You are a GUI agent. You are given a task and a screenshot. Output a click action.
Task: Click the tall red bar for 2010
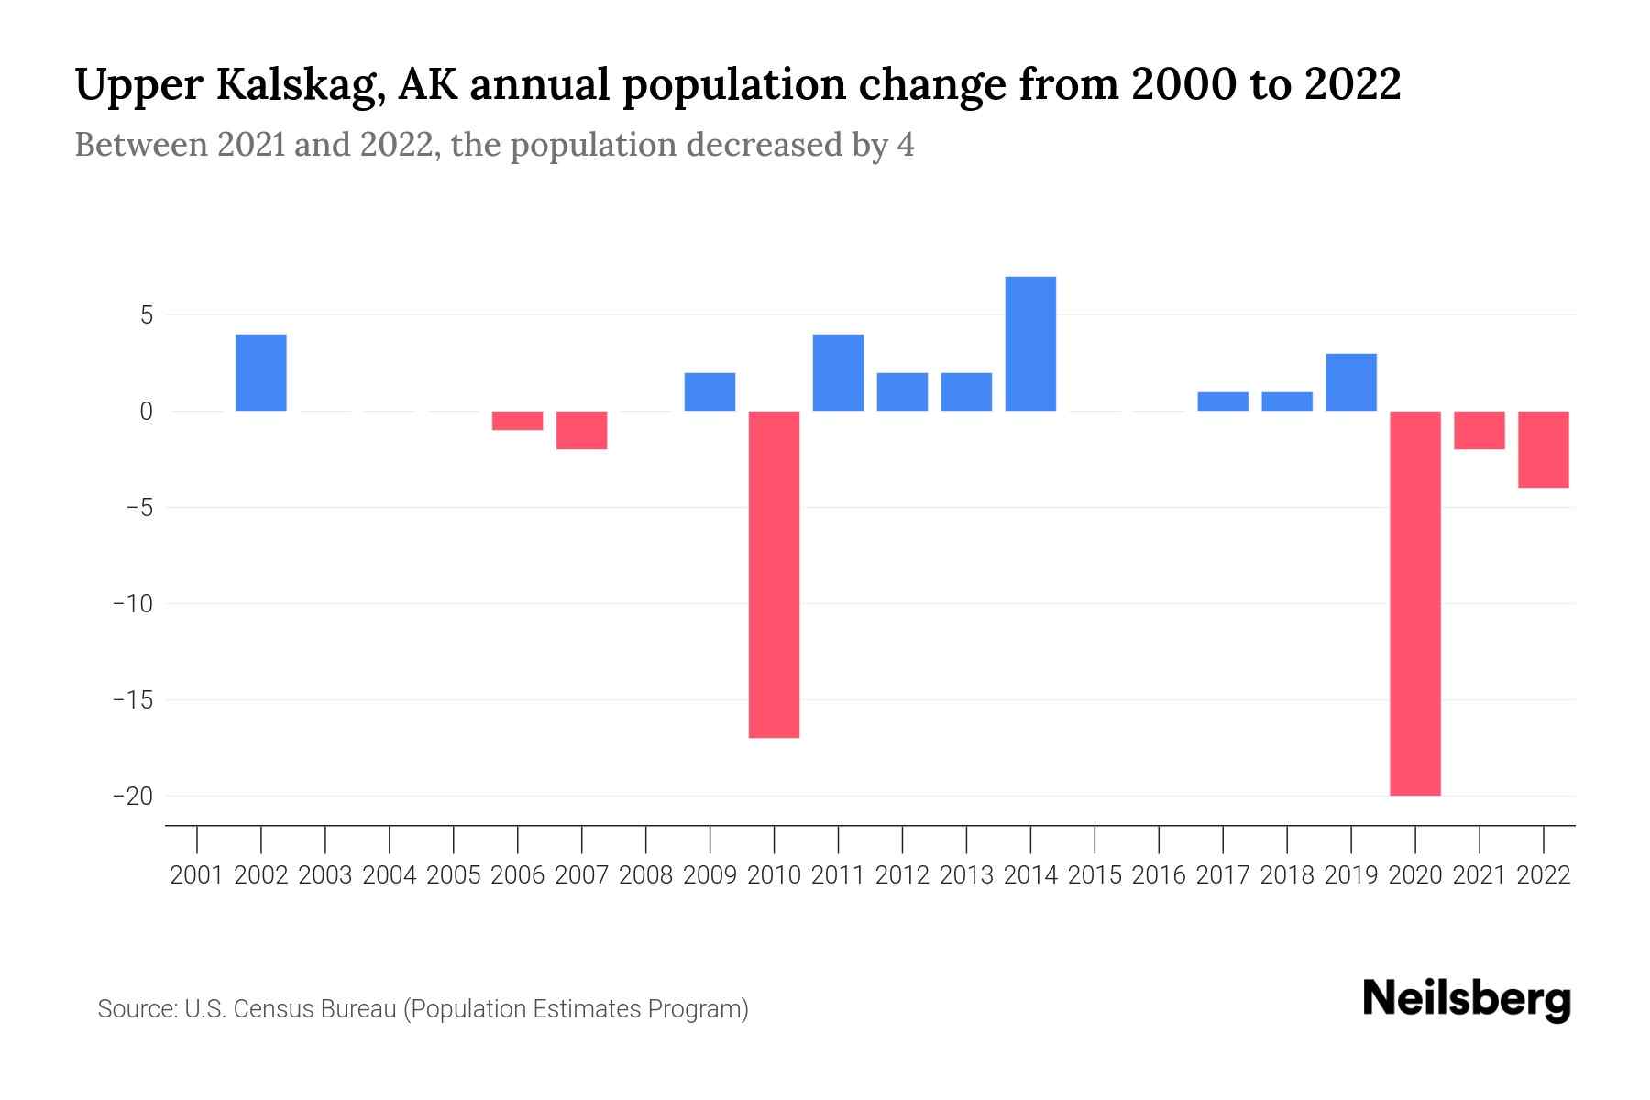coord(774,574)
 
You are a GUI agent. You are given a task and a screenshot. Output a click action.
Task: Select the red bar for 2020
coord(1414,602)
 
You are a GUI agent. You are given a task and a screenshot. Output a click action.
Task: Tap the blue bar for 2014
coord(1030,344)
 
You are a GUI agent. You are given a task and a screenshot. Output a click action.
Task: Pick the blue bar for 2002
coord(261,372)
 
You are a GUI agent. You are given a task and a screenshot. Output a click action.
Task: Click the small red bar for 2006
coord(517,421)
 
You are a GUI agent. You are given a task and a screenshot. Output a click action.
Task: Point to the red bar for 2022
coord(1543,449)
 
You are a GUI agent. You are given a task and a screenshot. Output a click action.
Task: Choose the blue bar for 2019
coord(1350,382)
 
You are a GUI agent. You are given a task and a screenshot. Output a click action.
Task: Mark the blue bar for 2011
coord(838,372)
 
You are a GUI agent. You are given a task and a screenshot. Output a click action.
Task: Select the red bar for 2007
coord(581,430)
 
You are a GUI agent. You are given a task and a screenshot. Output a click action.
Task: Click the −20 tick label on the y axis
coord(133,796)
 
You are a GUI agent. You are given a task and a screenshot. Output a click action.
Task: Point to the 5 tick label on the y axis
coord(146,315)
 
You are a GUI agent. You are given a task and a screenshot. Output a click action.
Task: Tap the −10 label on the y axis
coord(133,603)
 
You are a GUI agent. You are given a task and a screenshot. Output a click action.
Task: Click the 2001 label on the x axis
coord(197,875)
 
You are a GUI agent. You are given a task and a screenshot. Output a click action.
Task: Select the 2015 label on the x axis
coord(1094,875)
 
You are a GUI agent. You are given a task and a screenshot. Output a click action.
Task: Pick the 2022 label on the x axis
coord(1543,875)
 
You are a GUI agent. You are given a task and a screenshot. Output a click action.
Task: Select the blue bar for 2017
coord(1222,401)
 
